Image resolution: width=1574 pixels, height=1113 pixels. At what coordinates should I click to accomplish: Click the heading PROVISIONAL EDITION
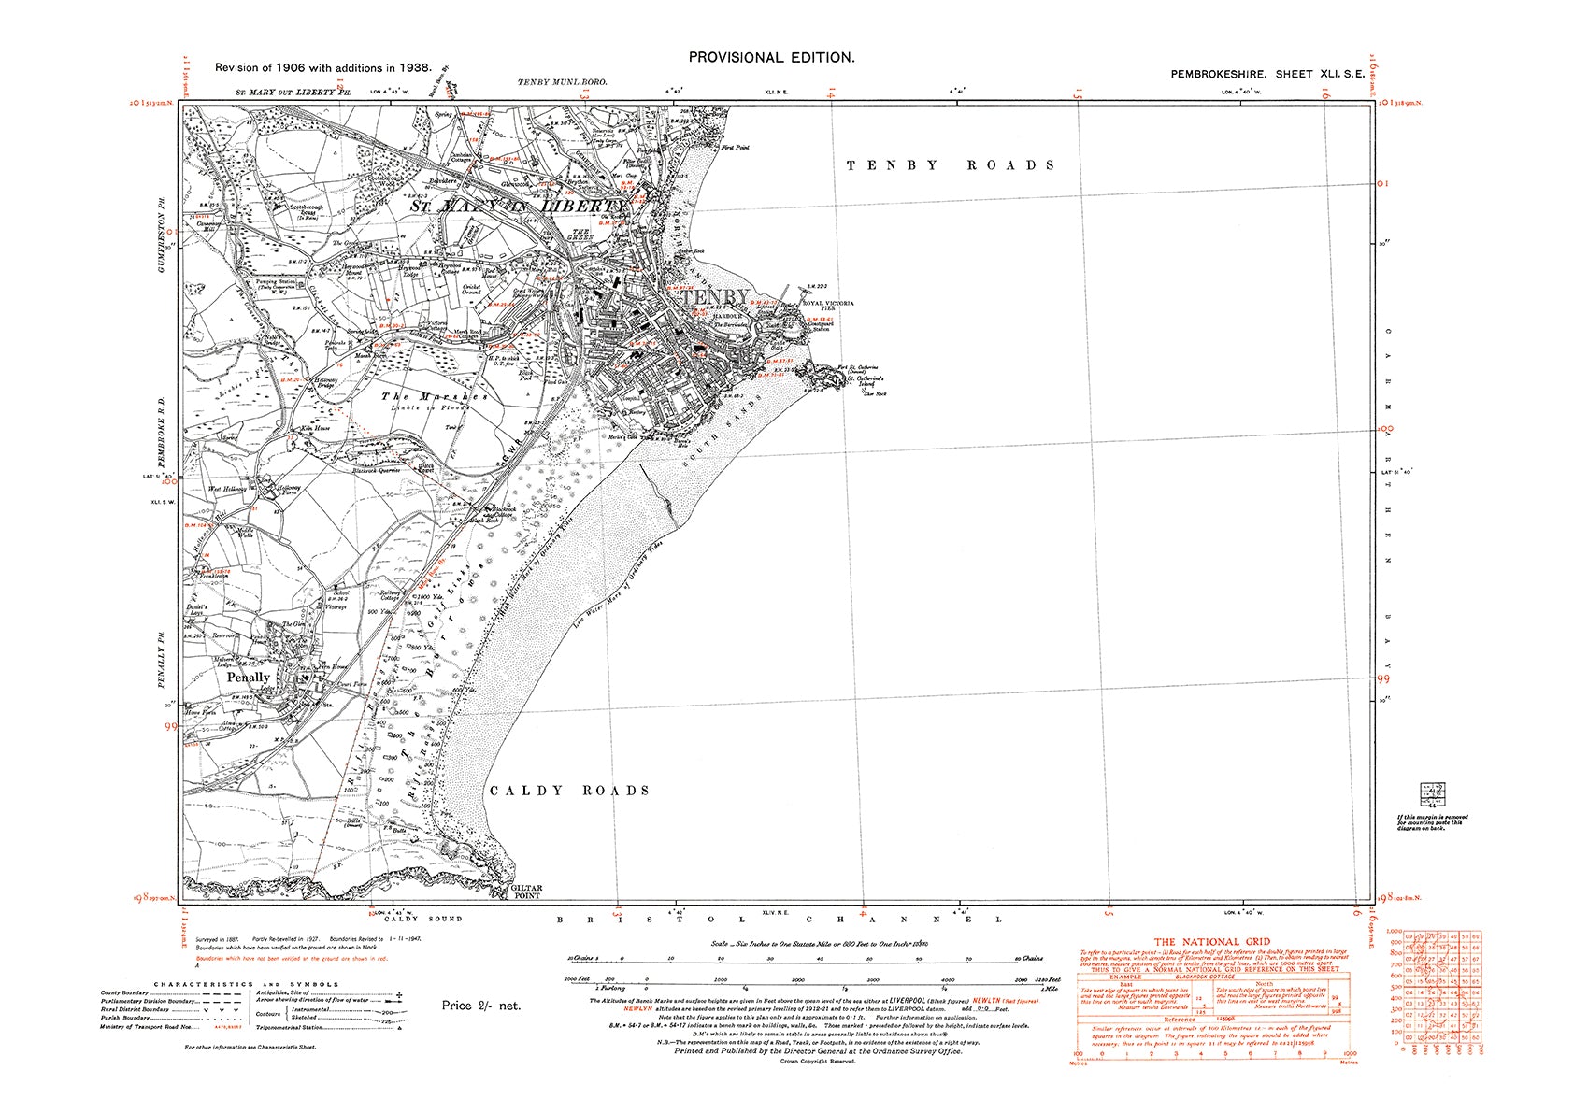click(771, 58)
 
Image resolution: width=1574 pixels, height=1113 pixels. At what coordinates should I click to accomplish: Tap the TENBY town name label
click(715, 298)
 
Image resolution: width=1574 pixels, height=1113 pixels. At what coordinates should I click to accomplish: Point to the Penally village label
click(249, 678)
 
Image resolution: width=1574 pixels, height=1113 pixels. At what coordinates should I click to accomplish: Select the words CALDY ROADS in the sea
click(569, 791)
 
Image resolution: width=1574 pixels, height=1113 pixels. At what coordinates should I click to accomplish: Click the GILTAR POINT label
click(528, 892)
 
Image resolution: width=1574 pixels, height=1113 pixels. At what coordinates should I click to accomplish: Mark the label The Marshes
click(435, 397)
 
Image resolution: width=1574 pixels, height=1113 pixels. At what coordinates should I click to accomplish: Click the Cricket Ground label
click(472, 289)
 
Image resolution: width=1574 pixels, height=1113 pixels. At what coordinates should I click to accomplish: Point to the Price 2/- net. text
click(480, 1006)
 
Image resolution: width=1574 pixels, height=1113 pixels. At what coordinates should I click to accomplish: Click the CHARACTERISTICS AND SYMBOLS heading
click(247, 984)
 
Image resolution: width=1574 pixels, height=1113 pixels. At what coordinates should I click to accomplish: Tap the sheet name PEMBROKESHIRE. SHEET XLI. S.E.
click(1266, 73)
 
